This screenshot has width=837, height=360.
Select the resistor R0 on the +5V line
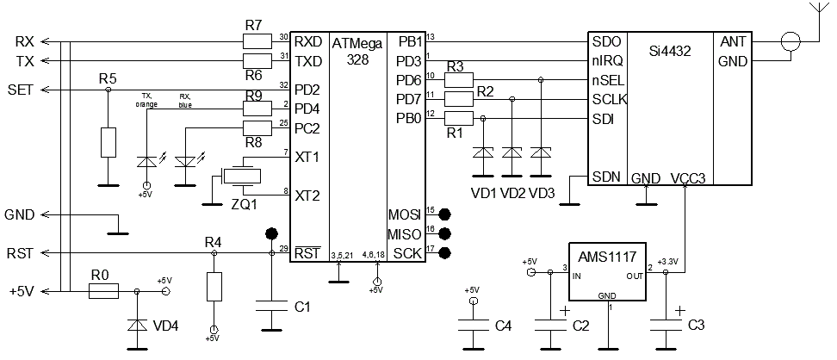[103, 292]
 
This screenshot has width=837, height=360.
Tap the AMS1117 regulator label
[608, 258]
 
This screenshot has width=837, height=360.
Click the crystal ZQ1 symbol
[240, 177]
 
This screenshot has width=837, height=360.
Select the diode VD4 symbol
[136, 326]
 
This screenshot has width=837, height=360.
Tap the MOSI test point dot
[445, 214]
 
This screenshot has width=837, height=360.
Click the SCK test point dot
[445, 252]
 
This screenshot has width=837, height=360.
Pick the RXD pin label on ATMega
[307, 41]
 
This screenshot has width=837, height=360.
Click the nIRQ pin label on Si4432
[608, 61]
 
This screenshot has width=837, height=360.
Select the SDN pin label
[606, 177]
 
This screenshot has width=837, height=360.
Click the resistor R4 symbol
[214, 285]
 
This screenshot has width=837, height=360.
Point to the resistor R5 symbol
[108, 142]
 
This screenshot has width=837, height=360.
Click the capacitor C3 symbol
[664, 326]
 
